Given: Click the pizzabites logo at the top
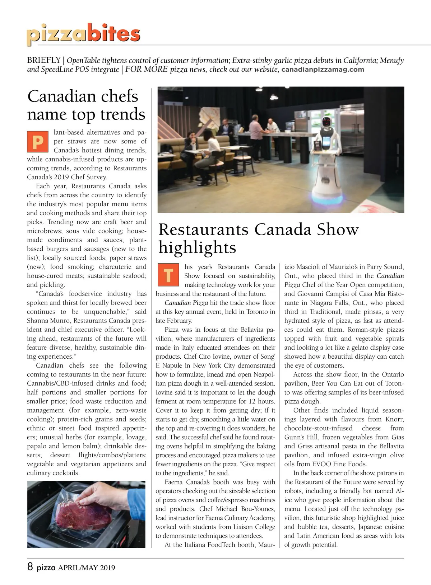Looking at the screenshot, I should point(83,34).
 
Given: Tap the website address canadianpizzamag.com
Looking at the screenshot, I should point(323,70).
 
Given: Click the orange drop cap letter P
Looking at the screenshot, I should point(37,141).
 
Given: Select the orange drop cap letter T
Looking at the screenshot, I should point(168,275).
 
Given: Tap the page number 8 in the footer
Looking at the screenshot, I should point(30,567).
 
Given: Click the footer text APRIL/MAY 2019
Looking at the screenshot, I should point(87,568).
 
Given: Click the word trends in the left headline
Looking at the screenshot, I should point(123,114).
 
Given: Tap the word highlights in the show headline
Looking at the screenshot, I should point(197,247).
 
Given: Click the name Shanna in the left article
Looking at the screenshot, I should point(37,321).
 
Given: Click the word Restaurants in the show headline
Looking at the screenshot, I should point(203,230).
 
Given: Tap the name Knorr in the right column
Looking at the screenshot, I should point(394,419).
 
